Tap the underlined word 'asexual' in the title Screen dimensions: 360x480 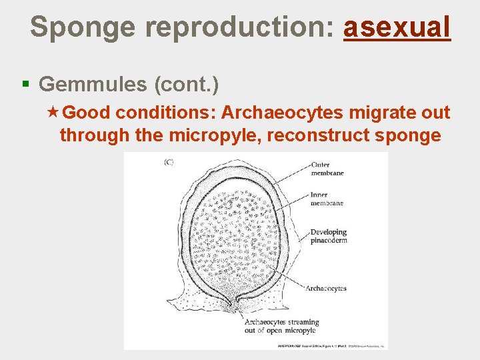point(397,27)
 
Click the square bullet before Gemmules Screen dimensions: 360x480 point(26,84)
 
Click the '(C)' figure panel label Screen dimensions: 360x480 point(169,163)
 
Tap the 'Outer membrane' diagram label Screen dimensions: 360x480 point(327,169)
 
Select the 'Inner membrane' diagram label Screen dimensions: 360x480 point(327,199)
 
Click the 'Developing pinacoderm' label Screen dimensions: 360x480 point(329,236)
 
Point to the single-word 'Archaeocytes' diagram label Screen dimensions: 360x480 point(326,289)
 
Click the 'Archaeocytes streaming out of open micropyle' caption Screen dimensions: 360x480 point(281,326)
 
